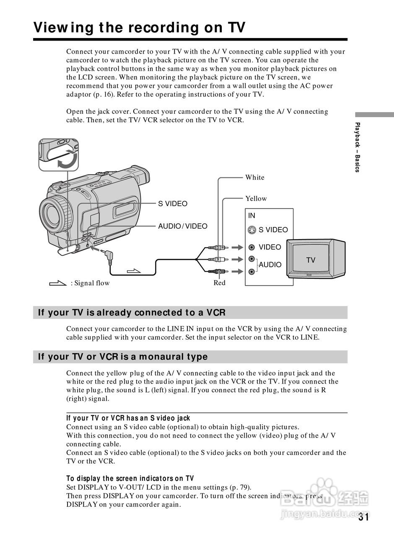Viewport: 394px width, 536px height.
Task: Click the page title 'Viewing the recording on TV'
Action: click(x=139, y=27)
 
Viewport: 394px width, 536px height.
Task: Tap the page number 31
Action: click(x=363, y=517)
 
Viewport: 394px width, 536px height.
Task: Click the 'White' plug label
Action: click(x=255, y=177)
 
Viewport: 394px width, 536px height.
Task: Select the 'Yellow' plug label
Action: click(x=256, y=198)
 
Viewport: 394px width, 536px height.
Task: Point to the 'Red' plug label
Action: click(x=220, y=283)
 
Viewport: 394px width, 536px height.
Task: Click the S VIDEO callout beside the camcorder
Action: click(x=173, y=204)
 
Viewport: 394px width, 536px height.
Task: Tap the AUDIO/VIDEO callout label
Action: click(x=183, y=226)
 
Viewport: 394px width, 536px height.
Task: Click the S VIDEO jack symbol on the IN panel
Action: click(x=251, y=229)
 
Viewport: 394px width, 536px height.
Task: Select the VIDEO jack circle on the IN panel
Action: click(x=251, y=247)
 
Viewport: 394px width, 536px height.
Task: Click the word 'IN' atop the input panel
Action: click(x=251, y=216)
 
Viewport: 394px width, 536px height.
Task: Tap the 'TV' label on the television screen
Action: click(x=311, y=260)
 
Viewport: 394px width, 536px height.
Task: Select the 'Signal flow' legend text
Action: click(x=90, y=283)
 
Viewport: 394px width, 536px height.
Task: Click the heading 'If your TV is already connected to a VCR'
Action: click(x=132, y=312)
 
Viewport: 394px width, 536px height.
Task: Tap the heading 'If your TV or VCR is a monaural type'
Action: click(x=123, y=357)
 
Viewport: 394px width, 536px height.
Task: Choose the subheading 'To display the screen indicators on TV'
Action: click(x=130, y=478)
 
